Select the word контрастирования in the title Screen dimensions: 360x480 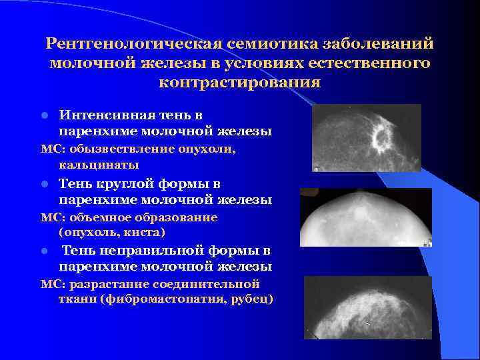(x=240, y=83)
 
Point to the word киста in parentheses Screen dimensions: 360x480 (x=146, y=232)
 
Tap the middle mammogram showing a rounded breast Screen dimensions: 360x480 (x=365, y=218)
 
